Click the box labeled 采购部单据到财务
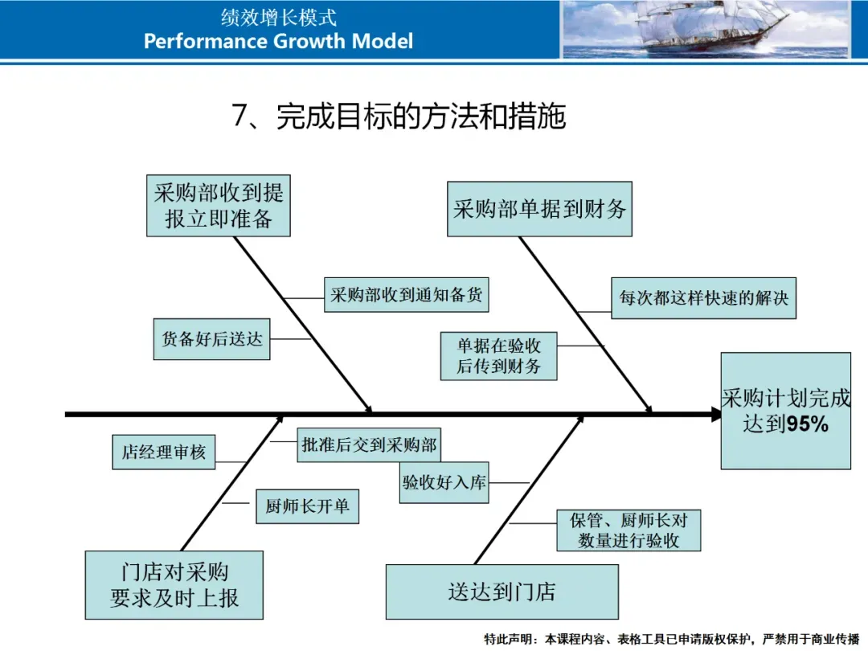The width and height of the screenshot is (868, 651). click(539, 210)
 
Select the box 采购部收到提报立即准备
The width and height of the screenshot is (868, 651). click(219, 206)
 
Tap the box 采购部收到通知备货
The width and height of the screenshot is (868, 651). click(407, 295)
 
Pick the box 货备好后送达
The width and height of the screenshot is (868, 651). click(211, 339)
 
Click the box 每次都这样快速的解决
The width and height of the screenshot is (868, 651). click(703, 298)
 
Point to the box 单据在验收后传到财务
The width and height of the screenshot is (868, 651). click(499, 356)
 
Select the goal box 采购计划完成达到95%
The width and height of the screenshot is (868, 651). click(785, 411)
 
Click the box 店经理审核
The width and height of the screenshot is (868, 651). click(164, 452)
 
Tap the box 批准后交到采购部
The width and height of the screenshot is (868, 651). click(370, 444)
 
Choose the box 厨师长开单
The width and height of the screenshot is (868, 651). click(307, 507)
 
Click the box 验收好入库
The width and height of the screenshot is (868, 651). click(444, 484)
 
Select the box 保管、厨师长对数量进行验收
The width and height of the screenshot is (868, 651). click(628, 530)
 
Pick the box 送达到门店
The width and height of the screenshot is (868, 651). click(502, 592)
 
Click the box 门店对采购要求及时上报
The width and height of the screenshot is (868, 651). click(174, 585)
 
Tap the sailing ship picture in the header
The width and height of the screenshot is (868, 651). click(705, 30)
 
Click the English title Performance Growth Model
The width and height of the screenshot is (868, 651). click(278, 42)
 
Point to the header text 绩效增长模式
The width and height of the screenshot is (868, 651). click(278, 17)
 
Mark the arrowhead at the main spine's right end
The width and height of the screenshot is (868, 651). click(715, 415)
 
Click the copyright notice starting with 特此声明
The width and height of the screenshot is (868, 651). click(671, 640)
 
